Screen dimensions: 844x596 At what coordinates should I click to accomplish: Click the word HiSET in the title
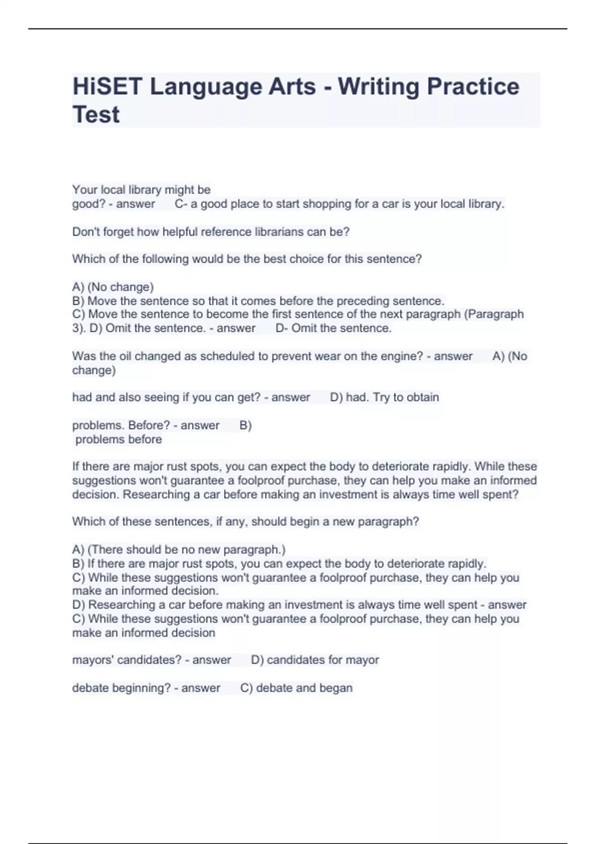[107, 86]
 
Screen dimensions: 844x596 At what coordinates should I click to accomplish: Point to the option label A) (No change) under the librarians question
[113, 287]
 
